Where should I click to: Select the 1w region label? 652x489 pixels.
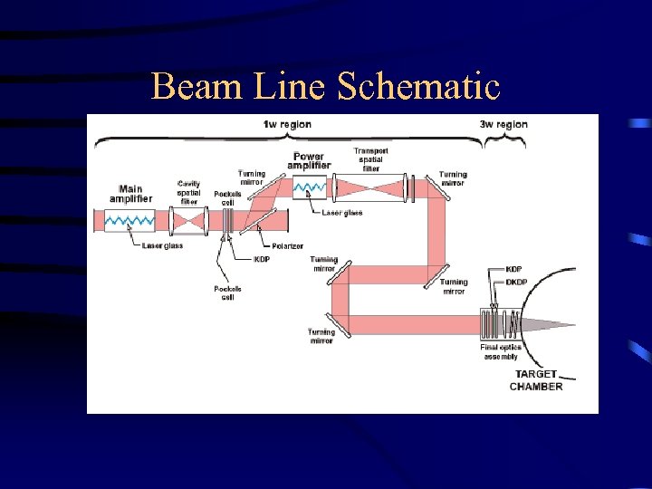click(286, 124)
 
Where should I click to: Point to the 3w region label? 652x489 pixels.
click(503, 124)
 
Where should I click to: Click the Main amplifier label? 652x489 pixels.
click(131, 194)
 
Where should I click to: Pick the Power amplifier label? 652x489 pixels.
click(309, 161)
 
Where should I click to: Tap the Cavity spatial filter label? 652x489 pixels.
click(189, 192)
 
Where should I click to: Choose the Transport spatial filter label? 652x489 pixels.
click(369, 159)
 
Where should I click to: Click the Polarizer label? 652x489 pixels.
click(287, 245)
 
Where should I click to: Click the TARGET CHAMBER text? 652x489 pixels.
click(536, 380)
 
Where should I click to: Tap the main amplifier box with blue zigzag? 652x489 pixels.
click(130, 220)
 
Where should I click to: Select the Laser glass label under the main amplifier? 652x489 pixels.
click(162, 245)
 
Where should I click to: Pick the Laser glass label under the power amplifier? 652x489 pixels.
click(342, 213)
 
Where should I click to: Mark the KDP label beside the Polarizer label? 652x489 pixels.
click(262, 259)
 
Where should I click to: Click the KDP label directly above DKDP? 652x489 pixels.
click(514, 269)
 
